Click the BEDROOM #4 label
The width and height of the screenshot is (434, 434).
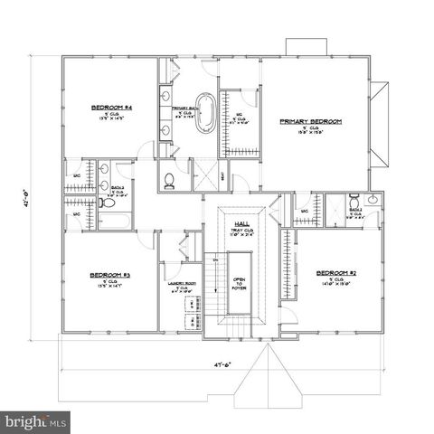point(112,107)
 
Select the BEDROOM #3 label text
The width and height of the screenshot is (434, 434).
point(110,274)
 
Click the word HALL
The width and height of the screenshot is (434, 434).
point(241,222)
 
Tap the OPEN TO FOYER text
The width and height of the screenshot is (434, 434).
point(240,285)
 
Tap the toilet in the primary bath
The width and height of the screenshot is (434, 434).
point(169,179)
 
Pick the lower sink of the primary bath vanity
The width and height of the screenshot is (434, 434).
point(166,129)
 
